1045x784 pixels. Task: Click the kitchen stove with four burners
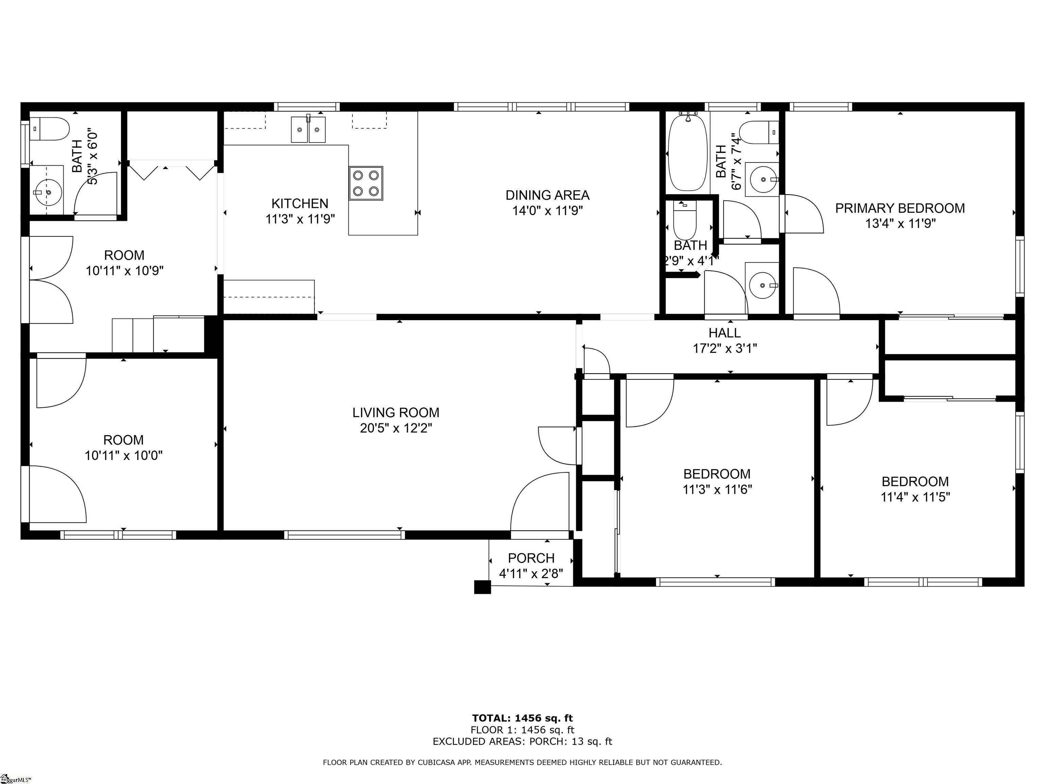(366, 183)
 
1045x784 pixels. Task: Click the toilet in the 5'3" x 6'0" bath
(51, 129)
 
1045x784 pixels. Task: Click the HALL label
(724, 333)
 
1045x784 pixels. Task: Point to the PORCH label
(531, 558)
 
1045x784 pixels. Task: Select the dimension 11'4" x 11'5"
(915, 497)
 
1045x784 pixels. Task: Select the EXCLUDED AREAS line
(522, 741)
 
